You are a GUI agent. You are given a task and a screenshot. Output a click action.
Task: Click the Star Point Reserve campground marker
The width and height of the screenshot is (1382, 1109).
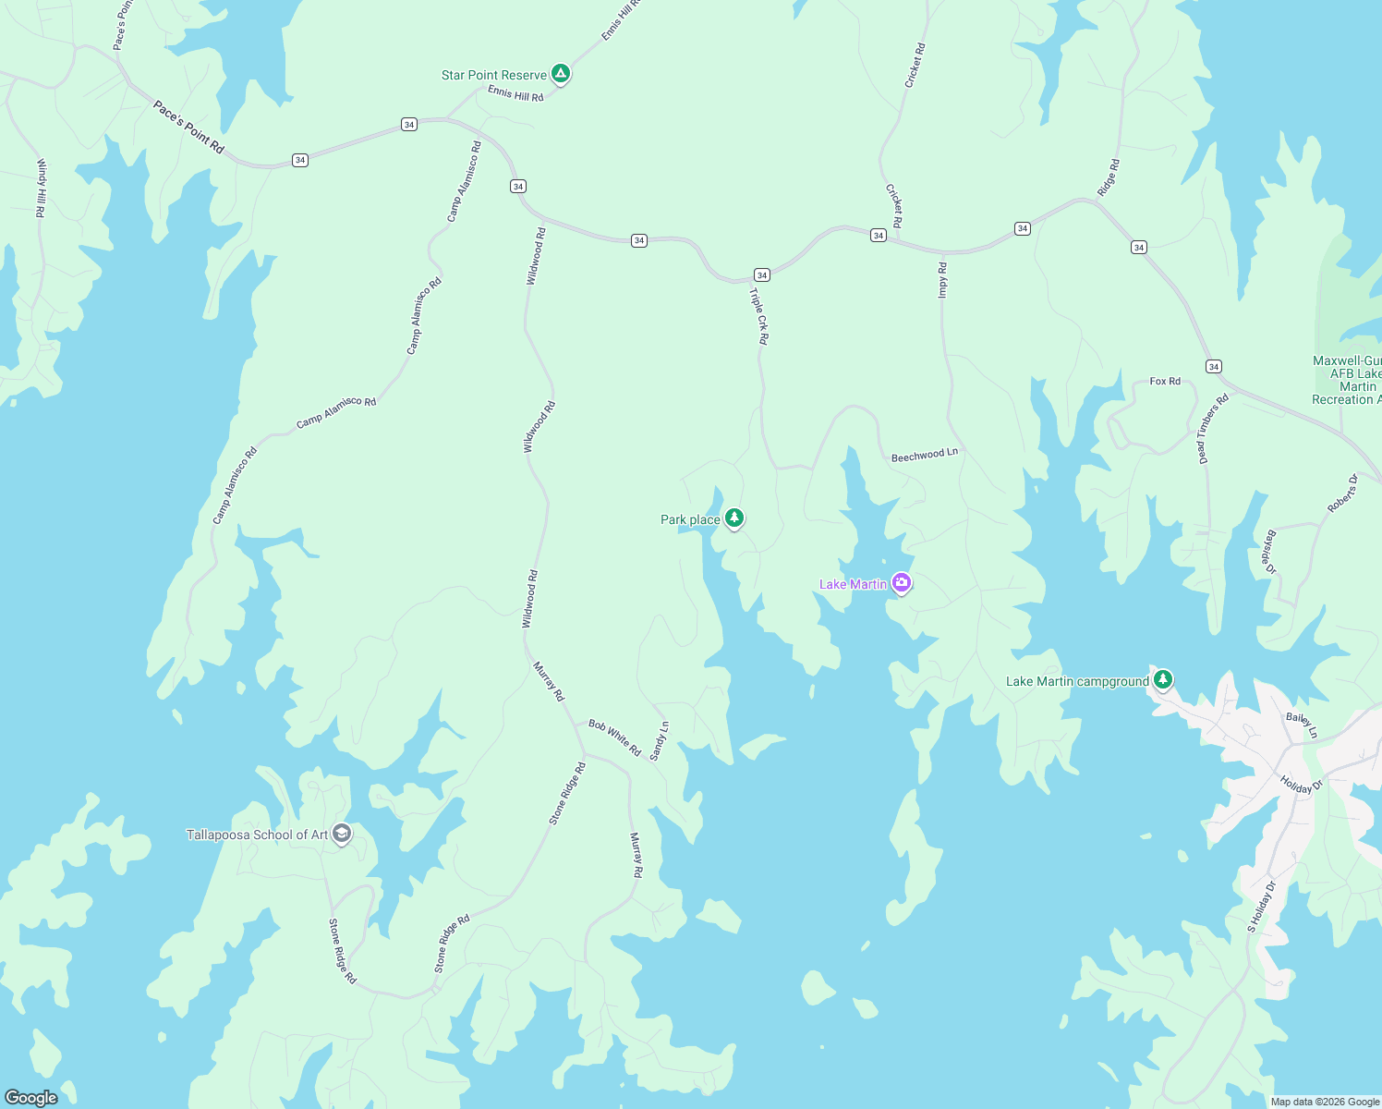click(x=560, y=74)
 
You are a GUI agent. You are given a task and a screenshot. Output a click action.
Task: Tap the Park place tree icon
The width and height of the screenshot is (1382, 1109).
click(x=734, y=518)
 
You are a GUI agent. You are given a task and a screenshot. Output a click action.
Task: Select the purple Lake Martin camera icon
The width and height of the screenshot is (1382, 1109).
click(x=902, y=583)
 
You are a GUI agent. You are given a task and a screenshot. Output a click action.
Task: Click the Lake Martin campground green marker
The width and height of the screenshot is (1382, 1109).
click(x=1163, y=680)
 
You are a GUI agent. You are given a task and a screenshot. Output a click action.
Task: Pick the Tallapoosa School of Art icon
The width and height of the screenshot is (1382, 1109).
click(x=342, y=834)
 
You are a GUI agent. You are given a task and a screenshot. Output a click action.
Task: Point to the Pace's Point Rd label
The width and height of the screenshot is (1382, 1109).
click(x=188, y=128)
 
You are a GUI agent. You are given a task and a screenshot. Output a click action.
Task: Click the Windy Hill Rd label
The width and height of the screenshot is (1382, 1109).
click(x=41, y=188)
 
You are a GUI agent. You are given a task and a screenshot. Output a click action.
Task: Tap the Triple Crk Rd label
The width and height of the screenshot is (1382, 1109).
click(x=758, y=316)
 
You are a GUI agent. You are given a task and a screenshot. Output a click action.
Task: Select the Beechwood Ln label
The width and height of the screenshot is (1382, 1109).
click(x=924, y=455)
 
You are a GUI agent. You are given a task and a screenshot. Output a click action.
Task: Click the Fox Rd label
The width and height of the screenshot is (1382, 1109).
click(x=1165, y=381)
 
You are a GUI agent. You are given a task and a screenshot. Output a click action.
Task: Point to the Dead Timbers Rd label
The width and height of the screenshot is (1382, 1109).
click(x=1212, y=429)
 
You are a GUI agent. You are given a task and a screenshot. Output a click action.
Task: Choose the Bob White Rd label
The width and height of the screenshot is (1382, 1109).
click(x=614, y=737)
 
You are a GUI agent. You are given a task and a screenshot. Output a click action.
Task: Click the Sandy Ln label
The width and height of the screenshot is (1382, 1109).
click(x=659, y=741)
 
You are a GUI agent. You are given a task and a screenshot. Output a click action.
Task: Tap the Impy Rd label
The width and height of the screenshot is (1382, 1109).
click(x=942, y=280)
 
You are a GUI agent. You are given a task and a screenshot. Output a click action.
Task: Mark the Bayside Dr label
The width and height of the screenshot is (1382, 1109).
click(x=1270, y=552)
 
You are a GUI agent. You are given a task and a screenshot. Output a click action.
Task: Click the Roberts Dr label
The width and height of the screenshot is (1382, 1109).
click(x=1342, y=494)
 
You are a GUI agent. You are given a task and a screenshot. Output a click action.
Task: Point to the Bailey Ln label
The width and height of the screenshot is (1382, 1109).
click(x=1302, y=725)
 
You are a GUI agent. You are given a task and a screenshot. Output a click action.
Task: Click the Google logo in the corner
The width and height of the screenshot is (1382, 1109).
click(x=31, y=1097)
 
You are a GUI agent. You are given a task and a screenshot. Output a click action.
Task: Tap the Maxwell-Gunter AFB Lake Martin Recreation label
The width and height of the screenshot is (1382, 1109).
click(x=1347, y=380)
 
